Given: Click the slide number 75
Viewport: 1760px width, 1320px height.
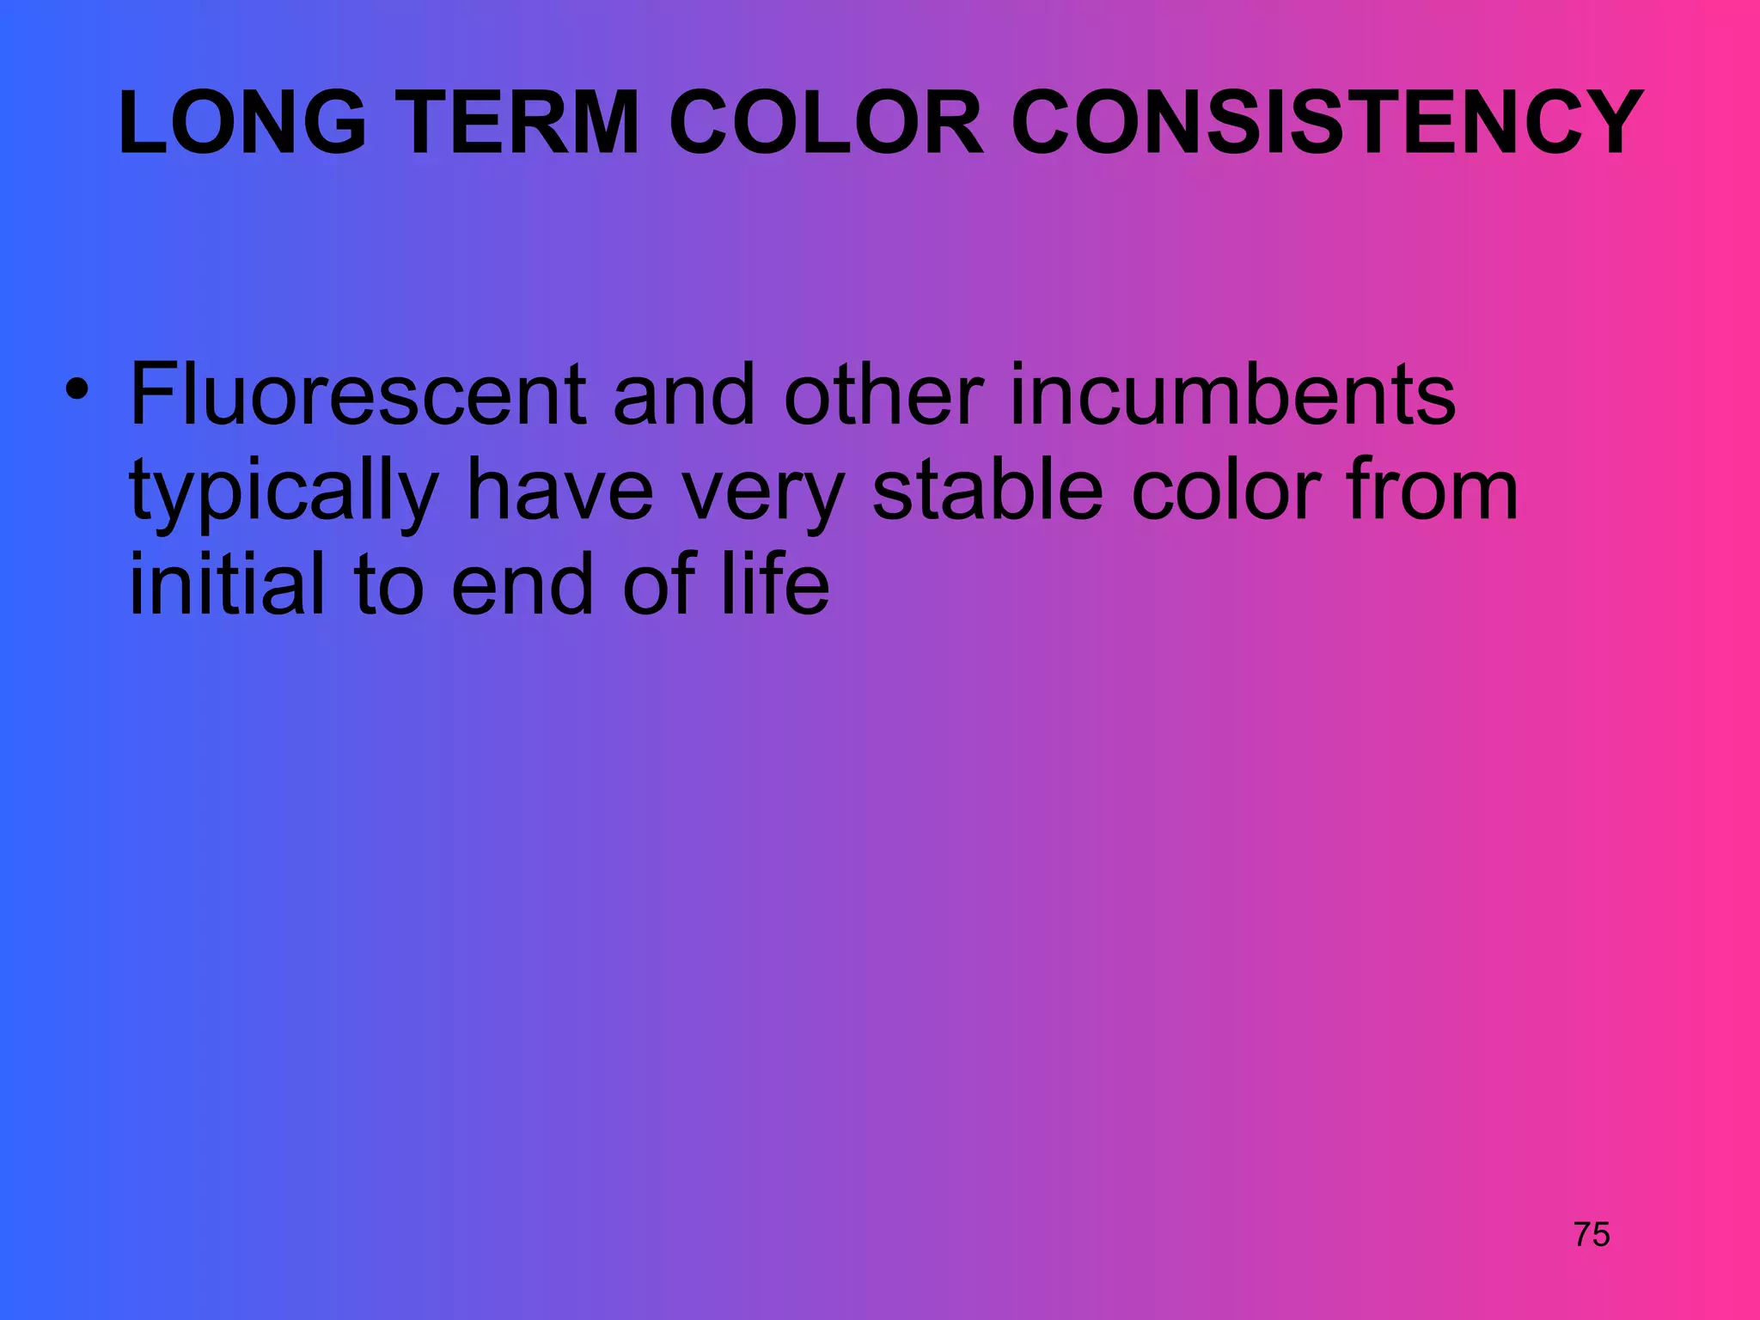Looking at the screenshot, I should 1592,1235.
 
